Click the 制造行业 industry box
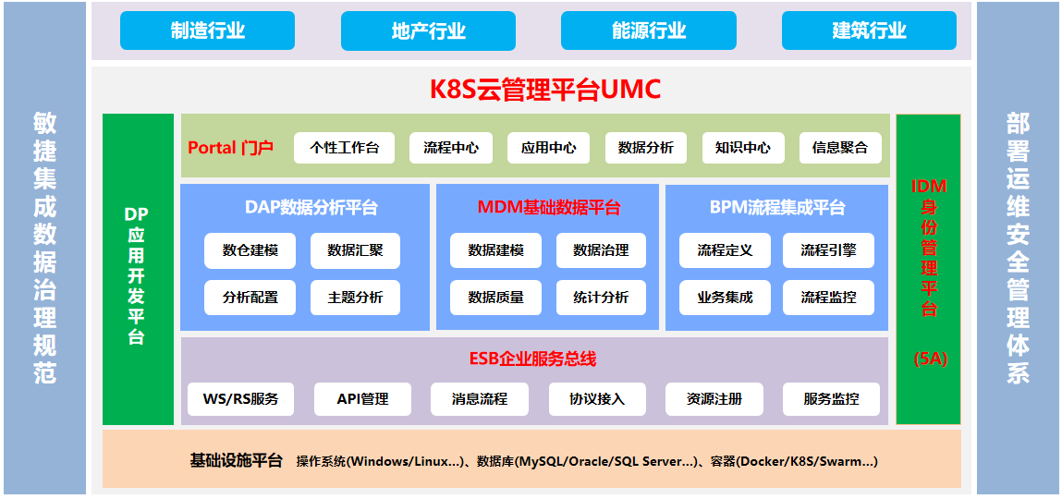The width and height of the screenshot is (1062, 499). (x=207, y=30)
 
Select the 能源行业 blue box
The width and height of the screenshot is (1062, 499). (x=649, y=30)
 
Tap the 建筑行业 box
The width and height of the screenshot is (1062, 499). (x=869, y=30)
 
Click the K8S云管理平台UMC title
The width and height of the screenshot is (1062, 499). (x=545, y=90)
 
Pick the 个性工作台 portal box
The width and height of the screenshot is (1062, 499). (x=344, y=148)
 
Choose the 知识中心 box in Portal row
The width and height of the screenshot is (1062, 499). (x=743, y=148)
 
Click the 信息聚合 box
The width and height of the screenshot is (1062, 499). (x=840, y=148)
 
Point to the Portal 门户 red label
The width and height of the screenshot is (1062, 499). (x=231, y=148)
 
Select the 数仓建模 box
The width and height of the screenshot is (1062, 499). (x=250, y=250)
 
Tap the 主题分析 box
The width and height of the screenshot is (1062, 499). (x=355, y=298)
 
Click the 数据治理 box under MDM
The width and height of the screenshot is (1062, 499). (x=601, y=250)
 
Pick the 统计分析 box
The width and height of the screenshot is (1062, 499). (x=601, y=298)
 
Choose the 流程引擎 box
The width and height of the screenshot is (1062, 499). (x=828, y=250)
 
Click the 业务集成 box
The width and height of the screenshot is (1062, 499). (x=725, y=298)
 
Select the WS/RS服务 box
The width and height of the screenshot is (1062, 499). (x=240, y=399)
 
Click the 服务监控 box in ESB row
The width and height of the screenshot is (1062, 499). (x=831, y=399)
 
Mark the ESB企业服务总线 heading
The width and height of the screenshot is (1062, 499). (x=533, y=359)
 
